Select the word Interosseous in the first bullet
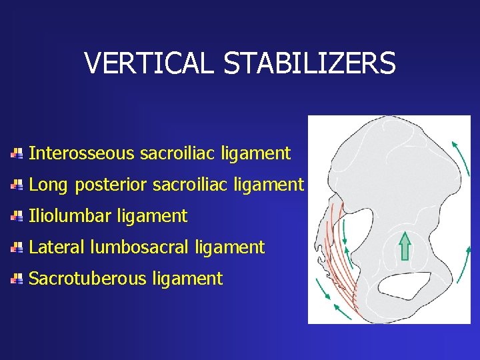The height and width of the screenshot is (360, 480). pos(82,153)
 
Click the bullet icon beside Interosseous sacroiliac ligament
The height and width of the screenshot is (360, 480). pos(17,153)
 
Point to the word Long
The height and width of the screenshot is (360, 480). pos(49,185)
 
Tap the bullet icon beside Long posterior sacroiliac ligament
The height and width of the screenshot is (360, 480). pos(17,185)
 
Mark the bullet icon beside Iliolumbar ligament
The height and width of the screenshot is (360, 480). pos(17,216)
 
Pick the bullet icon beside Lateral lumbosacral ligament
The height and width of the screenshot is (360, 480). pos(17,247)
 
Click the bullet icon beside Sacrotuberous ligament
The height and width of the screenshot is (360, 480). pos(17,279)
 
